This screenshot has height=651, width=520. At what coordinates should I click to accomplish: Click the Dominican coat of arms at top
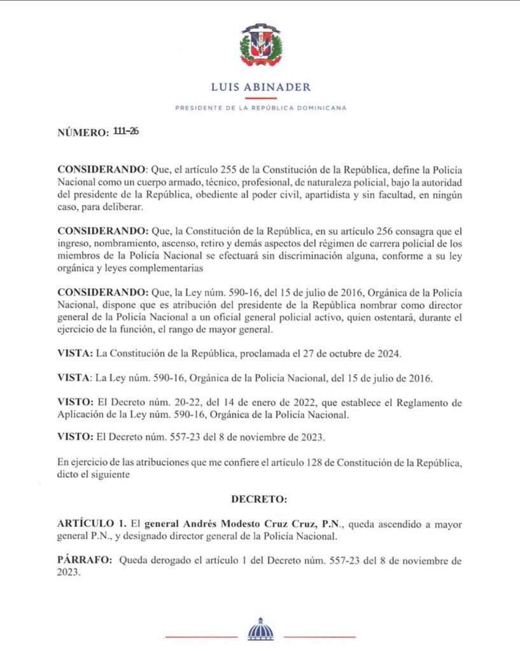tap(260, 45)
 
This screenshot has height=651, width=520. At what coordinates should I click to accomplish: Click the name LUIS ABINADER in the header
tap(260, 87)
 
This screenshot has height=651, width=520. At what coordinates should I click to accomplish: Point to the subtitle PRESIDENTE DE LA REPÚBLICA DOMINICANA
tap(260, 108)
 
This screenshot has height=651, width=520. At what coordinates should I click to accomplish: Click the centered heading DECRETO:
tap(260, 500)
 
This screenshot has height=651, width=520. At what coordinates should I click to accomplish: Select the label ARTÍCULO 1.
tap(91, 525)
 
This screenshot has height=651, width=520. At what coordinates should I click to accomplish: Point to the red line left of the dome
tap(201, 636)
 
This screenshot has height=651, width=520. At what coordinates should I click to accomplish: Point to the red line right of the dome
tap(320, 636)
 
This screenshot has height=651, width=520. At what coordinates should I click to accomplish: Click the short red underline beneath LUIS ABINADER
tap(260, 98)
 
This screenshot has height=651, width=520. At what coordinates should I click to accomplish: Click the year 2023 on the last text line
tap(69, 573)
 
